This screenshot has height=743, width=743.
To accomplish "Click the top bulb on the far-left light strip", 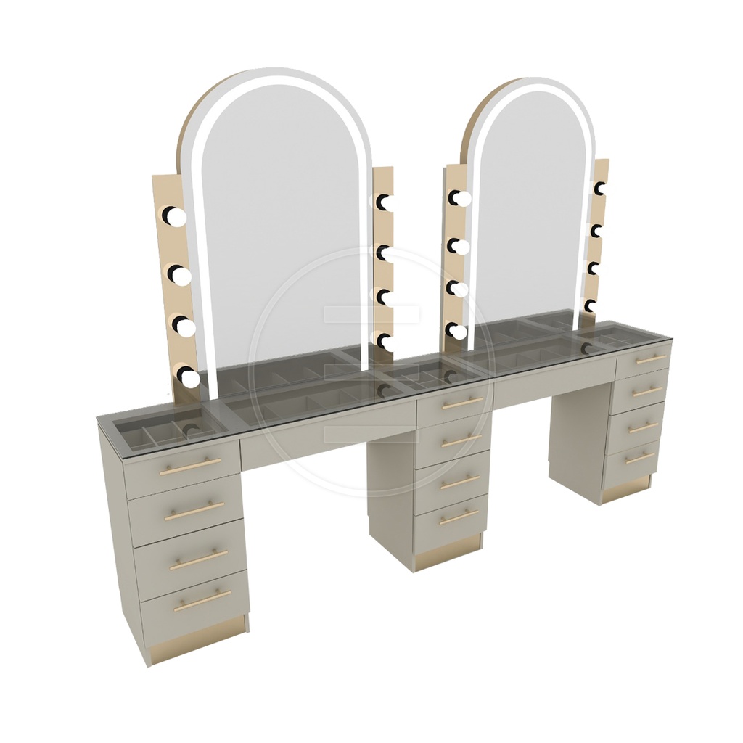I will point(175,215).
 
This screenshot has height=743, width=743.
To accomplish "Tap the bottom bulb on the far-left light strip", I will point(189,377).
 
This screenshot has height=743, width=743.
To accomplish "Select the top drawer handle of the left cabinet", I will point(190,467).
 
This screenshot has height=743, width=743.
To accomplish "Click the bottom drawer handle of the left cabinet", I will point(202,600).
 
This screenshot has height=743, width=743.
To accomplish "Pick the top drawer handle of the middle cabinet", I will point(462,403).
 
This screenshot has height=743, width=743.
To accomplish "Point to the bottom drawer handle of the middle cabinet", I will point(459,517).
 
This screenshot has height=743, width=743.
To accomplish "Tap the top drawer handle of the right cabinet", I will point(651,359).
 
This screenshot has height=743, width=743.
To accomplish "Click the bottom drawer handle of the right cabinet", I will point(639,458).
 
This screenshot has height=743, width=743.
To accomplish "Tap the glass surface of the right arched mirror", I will point(530,210).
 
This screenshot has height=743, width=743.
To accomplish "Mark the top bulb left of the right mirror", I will point(459,197).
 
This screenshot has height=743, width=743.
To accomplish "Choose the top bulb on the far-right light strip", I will point(599,189).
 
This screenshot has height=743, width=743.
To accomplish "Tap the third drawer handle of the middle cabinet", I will point(461,482).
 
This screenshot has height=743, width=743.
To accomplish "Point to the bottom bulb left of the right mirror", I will point(457,331).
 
